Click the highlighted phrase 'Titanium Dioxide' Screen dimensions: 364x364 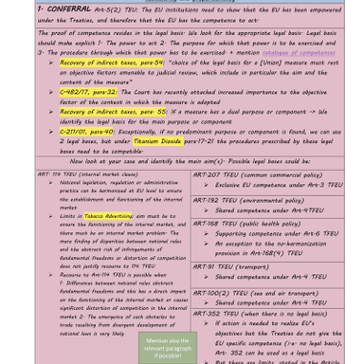tap(157, 140)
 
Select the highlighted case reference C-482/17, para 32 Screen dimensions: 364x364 tap(87, 92)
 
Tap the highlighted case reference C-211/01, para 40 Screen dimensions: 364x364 tap(87, 132)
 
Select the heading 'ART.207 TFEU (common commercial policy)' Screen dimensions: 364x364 tap(257, 174)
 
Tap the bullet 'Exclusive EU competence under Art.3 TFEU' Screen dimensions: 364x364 tap(279, 185)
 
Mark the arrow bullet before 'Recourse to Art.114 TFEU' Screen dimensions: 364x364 tap(50, 275)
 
